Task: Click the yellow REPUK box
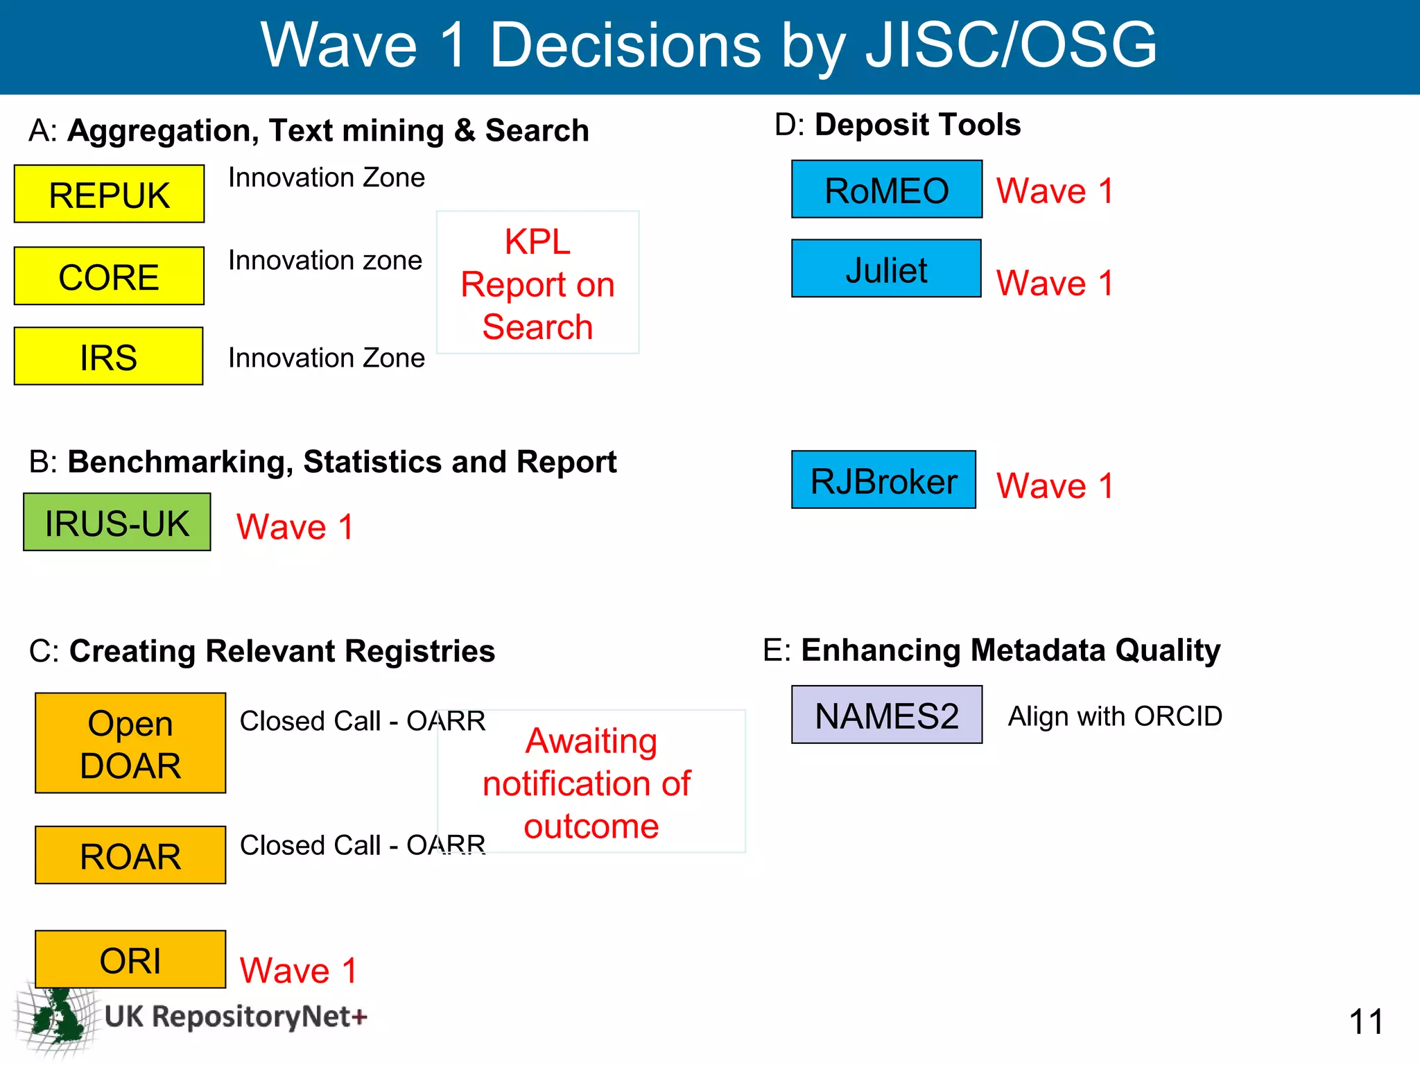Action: coord(109,194)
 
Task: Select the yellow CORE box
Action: coord(109,276)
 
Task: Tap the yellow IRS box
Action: coord(108,356)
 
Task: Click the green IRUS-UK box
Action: coord(116,523)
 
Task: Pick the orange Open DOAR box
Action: coord(130,743)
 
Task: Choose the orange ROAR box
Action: coord(130,856)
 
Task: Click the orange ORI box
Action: coord(130,960)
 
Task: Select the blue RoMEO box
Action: coord(887,189)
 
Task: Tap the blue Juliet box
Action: coord(886,269)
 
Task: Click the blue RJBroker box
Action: coord(883,480)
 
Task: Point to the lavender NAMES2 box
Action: coord(887,715)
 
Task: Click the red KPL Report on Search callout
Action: coord(537,283)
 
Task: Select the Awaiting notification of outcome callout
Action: coord(591,782)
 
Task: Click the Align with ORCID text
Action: coord(1115,716)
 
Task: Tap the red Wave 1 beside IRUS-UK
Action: coord(295,527)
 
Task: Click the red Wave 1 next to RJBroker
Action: coord(1055,485)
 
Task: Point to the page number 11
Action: coord(1365,1022)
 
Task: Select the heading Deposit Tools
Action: coord(917,125)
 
